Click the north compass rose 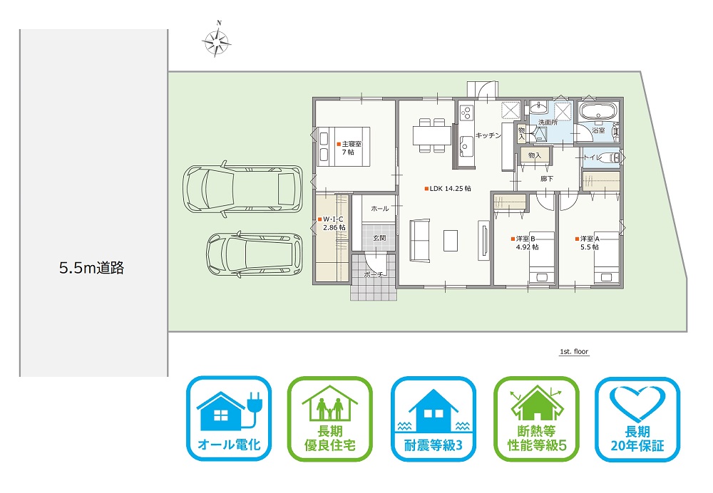[217, 42]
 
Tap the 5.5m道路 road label [91, 268]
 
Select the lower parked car [255, 254]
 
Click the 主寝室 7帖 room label [349, 148]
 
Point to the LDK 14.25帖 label [448, 189]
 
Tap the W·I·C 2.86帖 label [332, 224]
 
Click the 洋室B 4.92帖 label [525, 243]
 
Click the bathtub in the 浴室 [598, 110]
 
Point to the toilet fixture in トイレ [610, 157]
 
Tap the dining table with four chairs [431, 135]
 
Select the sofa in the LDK [420, 240]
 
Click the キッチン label [488, 135]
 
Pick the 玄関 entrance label [379, 238]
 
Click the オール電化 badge [229, 418]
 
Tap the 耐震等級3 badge [434, 418]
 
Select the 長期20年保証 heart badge [637, 418]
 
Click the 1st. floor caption [574, 352]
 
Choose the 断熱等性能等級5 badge [537, 418]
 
